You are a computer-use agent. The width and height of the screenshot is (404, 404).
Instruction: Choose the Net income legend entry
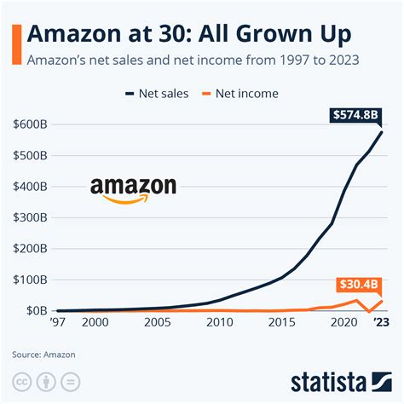(241, 92)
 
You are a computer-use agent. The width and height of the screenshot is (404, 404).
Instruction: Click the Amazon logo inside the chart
(133, 190)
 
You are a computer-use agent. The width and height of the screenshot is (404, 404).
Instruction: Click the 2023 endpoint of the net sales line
(380, 132)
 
